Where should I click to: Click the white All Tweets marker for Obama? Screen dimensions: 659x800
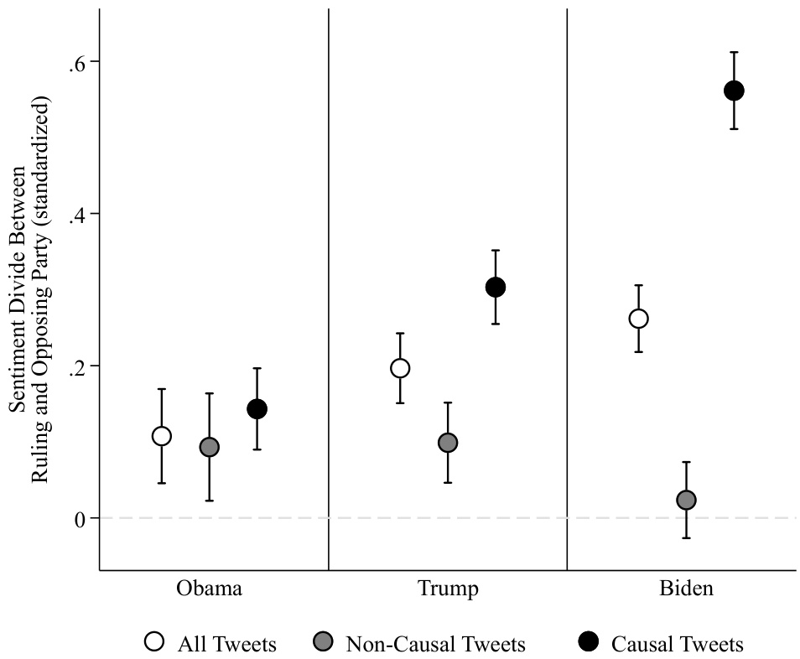(x=162, y=436)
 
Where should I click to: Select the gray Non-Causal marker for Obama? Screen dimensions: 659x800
(x=209, y=447)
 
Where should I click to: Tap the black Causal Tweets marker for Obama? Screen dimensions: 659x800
(x=257, y=409)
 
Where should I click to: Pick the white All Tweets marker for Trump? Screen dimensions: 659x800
(x=400, y=368)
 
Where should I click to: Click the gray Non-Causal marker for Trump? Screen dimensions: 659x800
(x=448, y=443)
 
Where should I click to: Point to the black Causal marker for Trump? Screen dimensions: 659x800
(x=496, y=288)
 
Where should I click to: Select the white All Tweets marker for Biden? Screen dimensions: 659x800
(x=638, y=319)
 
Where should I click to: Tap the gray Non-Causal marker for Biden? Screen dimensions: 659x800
(x=686, y=501)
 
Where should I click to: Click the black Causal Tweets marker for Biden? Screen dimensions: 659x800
(x=734, y=91)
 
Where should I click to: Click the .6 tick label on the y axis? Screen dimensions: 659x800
(x=78, y=62)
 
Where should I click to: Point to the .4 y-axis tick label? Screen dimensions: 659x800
(x=78, y=214)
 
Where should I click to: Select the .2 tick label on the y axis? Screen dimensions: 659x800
(x=78, y=366)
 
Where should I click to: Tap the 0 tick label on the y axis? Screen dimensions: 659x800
(x=81, y=518)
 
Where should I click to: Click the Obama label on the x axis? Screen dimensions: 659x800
(x=209, y=588)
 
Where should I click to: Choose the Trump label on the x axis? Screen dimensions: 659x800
(x=448, y=588)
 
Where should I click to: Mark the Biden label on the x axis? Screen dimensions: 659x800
(x=686, y=588)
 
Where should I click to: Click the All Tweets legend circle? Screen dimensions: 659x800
(x=154, y=642)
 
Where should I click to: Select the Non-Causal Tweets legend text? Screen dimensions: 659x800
(x=435, y=644)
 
